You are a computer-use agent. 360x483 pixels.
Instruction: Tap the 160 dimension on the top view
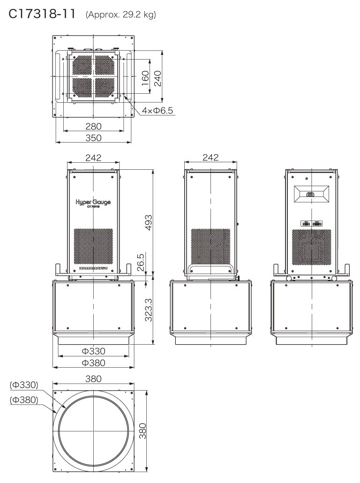145,76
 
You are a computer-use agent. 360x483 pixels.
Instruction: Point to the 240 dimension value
158,76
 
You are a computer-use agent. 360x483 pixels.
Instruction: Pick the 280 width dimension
93,126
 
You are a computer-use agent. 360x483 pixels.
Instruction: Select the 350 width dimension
93,137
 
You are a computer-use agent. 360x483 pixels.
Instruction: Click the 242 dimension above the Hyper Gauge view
93,158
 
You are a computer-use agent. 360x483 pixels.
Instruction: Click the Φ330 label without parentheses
93,351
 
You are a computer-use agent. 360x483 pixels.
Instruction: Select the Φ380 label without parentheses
93,362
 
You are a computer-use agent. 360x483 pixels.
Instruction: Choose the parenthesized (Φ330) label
24,385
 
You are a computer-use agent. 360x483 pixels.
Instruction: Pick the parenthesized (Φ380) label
24,400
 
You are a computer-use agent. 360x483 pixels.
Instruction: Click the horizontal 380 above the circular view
93,379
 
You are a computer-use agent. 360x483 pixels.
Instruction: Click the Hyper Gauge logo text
93,203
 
